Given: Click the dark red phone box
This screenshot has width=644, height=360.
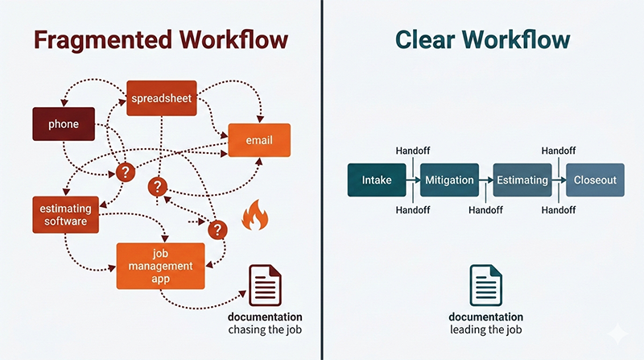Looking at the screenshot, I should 63,124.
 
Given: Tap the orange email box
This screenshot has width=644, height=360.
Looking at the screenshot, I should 259,140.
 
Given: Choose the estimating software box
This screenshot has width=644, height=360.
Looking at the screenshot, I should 65,214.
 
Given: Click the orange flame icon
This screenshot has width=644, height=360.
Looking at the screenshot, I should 255,215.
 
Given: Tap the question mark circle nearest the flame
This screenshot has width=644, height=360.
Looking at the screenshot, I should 216,230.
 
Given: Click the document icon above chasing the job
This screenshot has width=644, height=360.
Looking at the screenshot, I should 265,285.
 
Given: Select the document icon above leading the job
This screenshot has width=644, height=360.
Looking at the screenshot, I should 486,285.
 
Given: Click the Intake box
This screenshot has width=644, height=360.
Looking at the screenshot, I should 377,180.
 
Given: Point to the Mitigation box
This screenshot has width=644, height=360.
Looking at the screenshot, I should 449,180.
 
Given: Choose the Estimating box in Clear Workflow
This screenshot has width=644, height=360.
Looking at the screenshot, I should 522,180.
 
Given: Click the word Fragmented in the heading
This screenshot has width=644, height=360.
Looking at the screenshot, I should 97,40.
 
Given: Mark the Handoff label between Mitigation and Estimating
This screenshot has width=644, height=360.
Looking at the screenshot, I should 485,209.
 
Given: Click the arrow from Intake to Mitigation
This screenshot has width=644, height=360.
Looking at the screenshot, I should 413,180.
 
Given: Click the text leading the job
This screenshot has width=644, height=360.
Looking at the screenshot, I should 486,330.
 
